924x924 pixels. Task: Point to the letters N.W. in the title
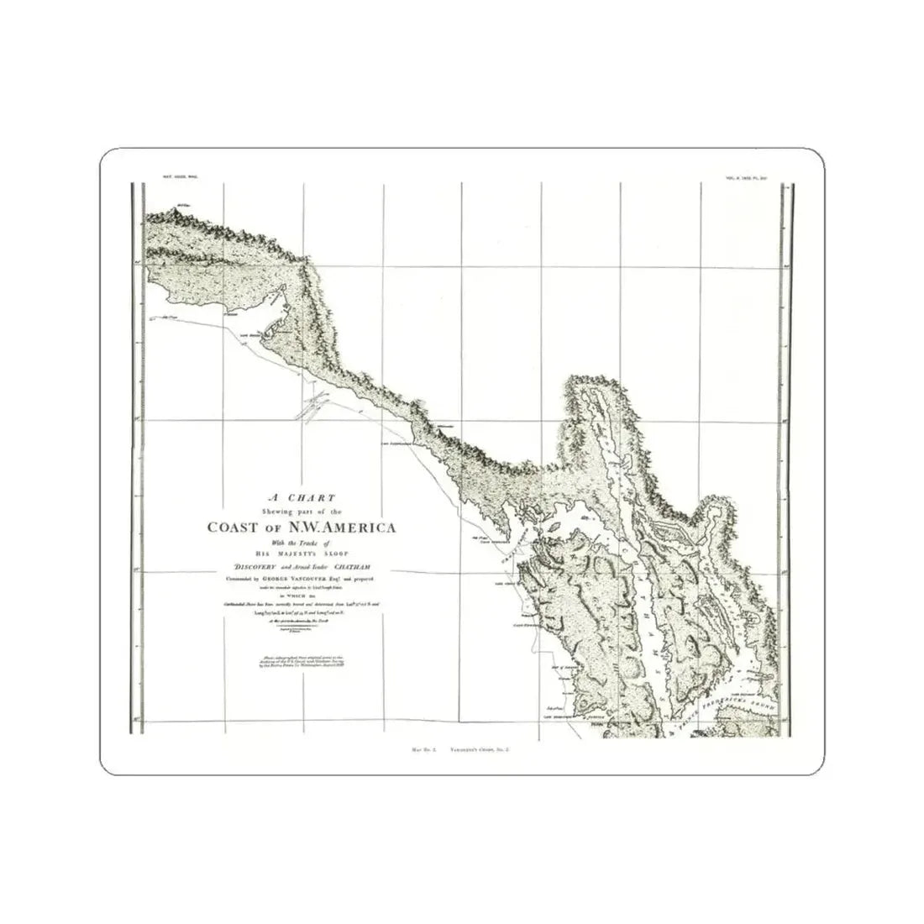294,528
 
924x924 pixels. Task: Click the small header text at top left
177,178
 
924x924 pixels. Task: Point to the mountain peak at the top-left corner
179,207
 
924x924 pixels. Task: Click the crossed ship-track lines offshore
307,410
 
